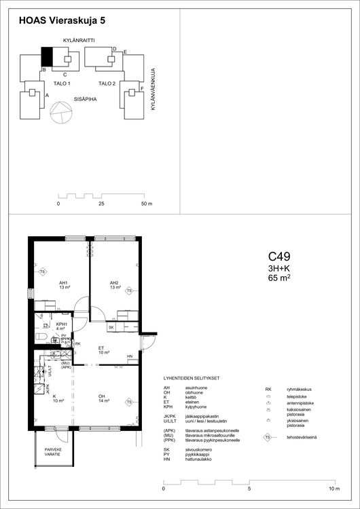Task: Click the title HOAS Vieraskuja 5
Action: pyautogui.click(x=62, y=21)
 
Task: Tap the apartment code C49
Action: pyautogui.click(x=279, y=257)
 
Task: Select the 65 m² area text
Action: pyautogui.click(x=279, y=278)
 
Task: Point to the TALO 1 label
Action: pyautogui.click(x=62, y=83)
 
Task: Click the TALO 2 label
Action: pyautogui.click(x=107, y=83)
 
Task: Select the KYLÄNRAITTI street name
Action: pyautogui.click(x=78, y=41)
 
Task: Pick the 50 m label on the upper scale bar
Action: pyautogui.click(x=147, y=204)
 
